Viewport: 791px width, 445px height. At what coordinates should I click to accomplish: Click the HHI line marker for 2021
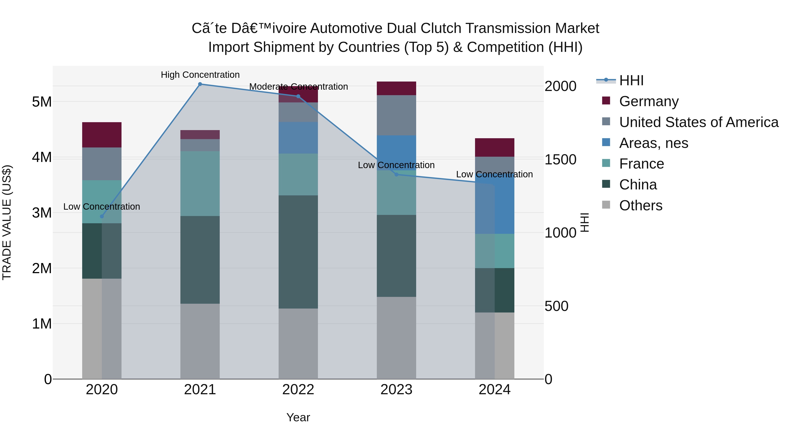point(200,84)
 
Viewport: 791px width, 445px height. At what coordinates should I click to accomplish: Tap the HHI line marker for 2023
point(396,174)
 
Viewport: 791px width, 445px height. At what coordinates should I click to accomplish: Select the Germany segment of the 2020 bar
point(102,135)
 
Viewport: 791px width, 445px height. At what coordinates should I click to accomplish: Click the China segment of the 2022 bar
point(298,252)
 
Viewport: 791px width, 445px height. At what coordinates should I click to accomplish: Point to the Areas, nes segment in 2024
point(494,209)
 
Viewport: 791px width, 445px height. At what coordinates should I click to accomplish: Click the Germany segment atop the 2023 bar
point(396,88)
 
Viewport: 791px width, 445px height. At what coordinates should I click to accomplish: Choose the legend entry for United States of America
point(698,122)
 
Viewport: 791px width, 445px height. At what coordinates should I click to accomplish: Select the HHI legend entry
point(631,80)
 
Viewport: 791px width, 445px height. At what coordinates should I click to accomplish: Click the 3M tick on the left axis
point(42,213)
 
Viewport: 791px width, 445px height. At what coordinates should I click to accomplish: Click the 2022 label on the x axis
point(298,390)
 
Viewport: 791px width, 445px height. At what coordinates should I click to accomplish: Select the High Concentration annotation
point(200,75)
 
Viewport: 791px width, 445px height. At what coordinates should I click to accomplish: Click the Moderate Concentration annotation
point(298,87)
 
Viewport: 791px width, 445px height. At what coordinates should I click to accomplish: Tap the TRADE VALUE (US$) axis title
point(7,222)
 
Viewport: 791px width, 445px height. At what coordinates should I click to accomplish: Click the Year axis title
point(298,417)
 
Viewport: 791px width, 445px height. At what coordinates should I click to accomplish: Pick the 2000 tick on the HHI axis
point(560,86)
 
